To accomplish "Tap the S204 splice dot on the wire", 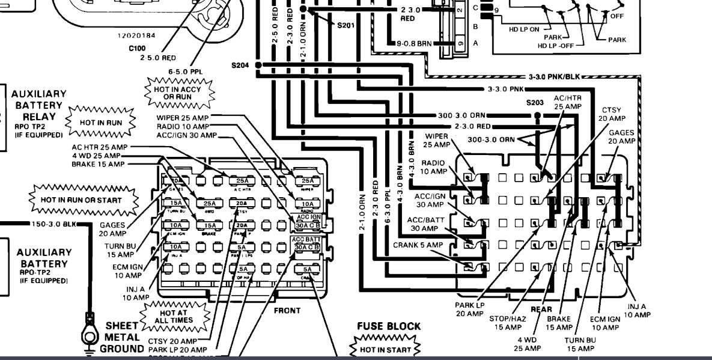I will click(258, 65).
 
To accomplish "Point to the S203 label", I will click(534, 102).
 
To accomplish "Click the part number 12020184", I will click(136, 35).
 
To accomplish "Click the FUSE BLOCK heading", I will click(389, 326).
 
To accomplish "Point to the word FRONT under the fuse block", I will click(287, 310).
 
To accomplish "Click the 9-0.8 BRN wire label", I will click(415, 43).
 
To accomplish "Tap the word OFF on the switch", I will click(617, 16).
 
